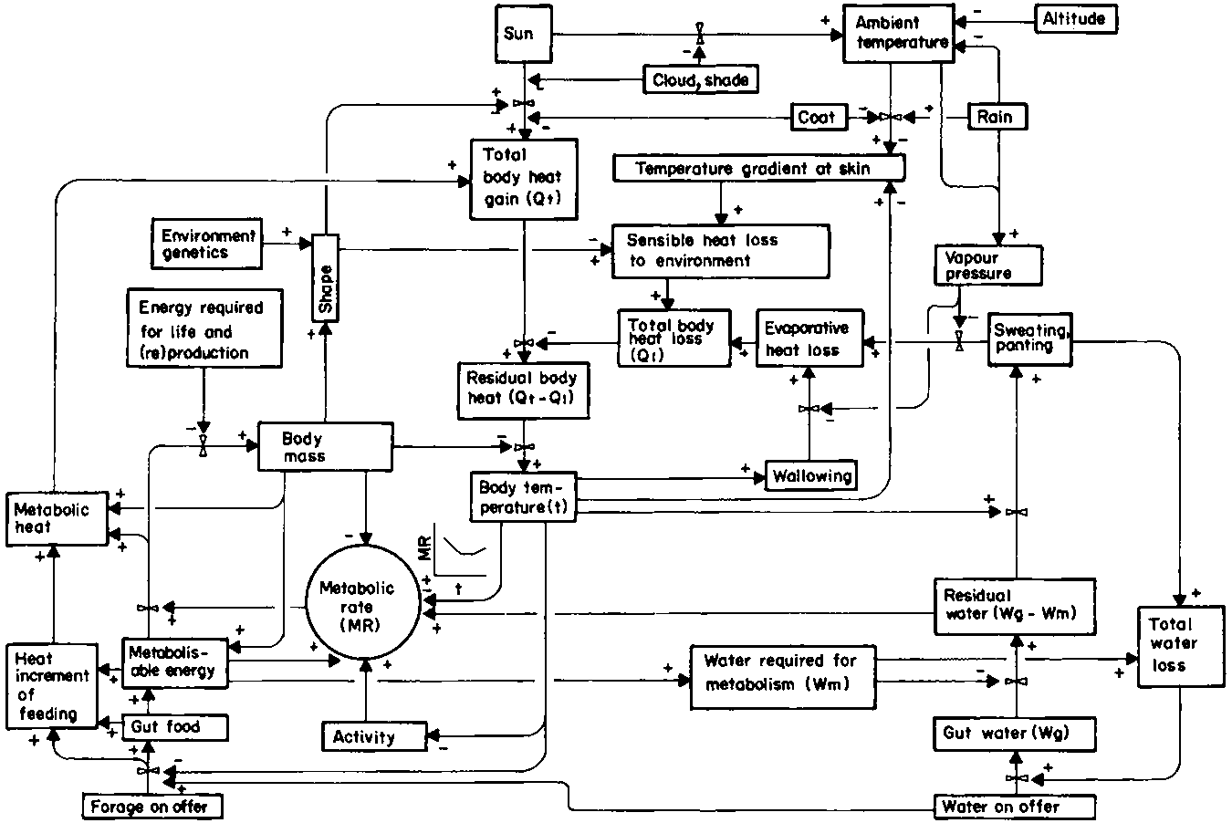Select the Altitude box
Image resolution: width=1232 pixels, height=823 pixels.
tap(1074, 19)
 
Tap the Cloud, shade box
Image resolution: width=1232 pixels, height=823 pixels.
tap(700, 79)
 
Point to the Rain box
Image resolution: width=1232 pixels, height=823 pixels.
tap(995, 117)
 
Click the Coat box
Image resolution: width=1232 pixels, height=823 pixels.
tap(816, 117)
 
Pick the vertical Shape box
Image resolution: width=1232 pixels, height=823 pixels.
tap(326, 277)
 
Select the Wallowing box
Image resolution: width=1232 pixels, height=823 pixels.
tap(811, 474)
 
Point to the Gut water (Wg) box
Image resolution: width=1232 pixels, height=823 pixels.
tap(1013, 733)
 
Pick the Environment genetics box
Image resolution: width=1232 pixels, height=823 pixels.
tap(207, 244)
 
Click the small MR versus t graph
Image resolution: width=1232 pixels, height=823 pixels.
tap(461, 552)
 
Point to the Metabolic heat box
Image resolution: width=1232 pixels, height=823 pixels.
tap(57, 518)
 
